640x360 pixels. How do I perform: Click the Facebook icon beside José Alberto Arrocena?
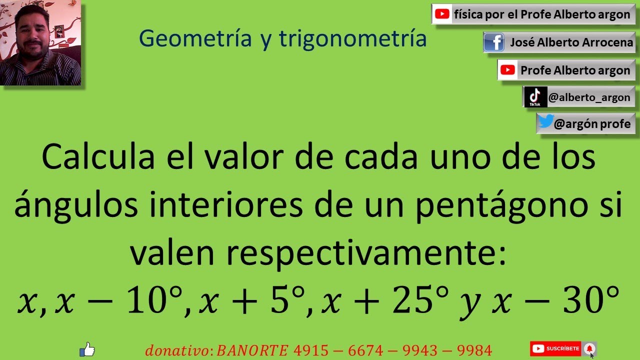(x=494, y=42)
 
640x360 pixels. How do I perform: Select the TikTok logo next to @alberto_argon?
(x=535, y=96)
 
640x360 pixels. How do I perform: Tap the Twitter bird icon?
(x=545, y=122)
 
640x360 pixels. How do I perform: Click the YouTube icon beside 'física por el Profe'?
(x=442, y=14)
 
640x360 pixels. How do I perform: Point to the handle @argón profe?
(x=592, y=123)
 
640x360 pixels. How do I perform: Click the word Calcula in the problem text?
(x=98, y=157)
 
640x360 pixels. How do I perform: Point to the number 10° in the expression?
(x=152, y=301)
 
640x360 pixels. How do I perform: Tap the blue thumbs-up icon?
(x=87, y=349)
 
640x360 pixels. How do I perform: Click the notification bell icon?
(x=589, y=348)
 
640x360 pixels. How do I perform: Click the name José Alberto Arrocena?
(x=571, y=42)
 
